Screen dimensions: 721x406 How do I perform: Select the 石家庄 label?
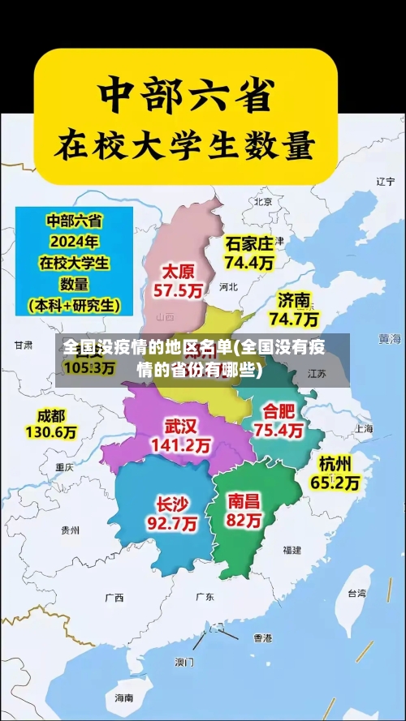(x=249, y=242)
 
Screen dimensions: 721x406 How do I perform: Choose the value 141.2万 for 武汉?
(x=180, y=445)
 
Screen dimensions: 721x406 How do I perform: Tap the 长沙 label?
(x=171, y=503)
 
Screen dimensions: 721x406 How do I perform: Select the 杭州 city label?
(x=335, y=463)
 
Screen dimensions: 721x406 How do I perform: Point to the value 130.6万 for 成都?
(x=50, y=433)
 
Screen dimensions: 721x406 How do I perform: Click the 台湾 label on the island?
(x=357, y=593)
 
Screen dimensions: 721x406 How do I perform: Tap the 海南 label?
(x=123, y=697)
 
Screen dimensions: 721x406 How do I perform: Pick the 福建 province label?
(x=292, y=550)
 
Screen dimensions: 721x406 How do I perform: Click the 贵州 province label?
(x=71, y=530)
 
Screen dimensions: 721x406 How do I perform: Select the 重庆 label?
(x=64, y=467)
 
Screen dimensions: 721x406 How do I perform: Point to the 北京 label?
(x=262, y=202)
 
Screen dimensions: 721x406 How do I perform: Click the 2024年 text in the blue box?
(x=73, y=241)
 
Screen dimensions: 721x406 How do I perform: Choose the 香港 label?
(x=261, y=638)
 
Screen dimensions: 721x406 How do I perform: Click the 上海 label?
(x=363, y=428)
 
